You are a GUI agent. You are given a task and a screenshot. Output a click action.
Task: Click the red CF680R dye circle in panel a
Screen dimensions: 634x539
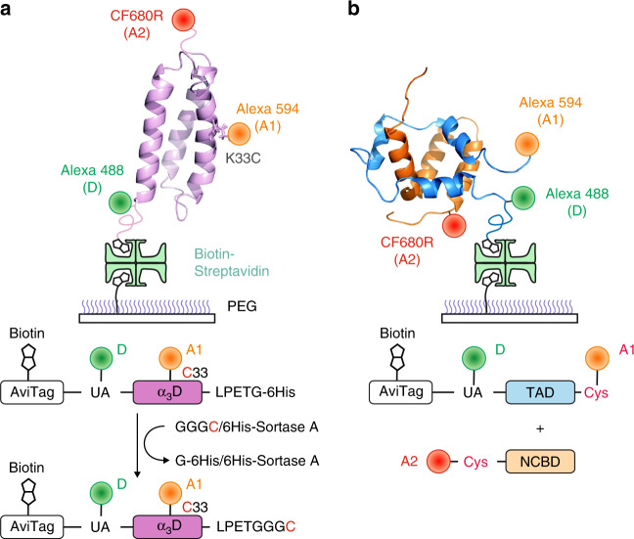183,20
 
